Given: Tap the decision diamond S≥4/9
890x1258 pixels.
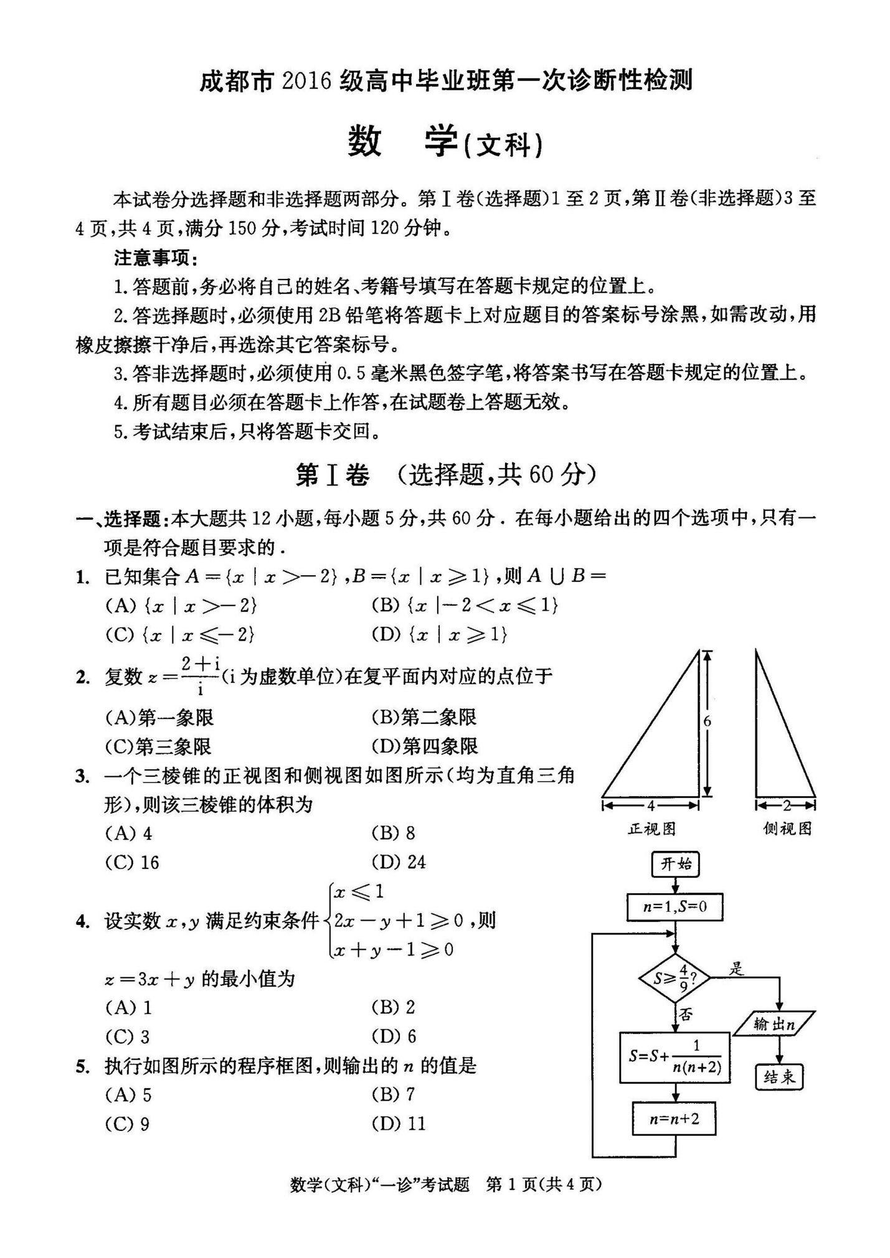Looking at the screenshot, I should [675, 978].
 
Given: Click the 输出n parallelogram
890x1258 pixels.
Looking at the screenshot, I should [774, 1024].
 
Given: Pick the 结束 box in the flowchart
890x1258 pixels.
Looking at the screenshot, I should [779, 1077].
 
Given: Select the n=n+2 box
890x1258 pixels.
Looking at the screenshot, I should [675, 1119].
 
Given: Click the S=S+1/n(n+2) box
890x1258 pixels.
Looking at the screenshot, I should [675, 1058].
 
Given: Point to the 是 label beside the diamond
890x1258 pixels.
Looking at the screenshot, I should [737, 968].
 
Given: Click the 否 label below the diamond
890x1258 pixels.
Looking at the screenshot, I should [686, 1015].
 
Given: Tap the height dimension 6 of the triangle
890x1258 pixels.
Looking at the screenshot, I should [707, 721].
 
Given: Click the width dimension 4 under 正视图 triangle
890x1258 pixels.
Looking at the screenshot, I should [650, 805].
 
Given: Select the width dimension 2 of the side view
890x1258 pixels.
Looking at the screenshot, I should [786, 805].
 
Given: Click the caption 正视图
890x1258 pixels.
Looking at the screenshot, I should [651, 828].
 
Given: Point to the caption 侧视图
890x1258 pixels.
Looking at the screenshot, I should [787, 828].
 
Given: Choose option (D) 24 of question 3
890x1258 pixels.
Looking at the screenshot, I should [399, 862].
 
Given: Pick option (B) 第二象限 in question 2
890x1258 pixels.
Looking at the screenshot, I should [424, 717].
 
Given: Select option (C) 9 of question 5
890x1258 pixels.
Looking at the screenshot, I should [128, 1124].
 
